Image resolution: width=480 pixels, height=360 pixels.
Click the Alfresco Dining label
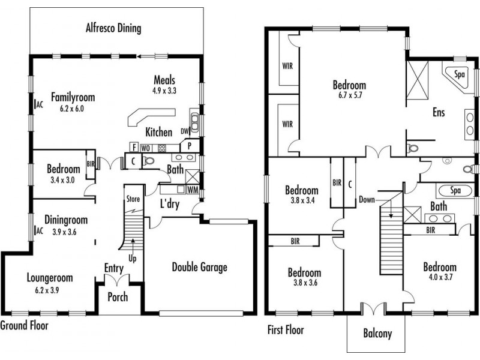(x=113, y=28)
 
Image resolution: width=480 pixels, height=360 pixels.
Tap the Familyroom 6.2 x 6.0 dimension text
(x=72, y=109)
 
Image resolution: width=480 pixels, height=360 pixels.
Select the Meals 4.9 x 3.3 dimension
(x=164, y=91)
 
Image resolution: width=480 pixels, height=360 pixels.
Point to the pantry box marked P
(x=190, y=146)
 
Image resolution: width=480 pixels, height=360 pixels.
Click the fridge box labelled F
(x=134, y=147)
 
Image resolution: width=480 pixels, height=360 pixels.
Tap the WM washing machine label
(x=193, y=190)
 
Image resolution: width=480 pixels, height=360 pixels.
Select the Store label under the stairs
(x=133, y=199)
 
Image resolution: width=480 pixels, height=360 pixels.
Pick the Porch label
(x=118, y=297)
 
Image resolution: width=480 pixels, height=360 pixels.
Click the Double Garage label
(x=200, y=267)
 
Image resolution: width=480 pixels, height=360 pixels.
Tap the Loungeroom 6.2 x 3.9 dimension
(x=47, y=290)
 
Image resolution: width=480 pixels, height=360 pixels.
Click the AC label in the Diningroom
(x=40, y=231)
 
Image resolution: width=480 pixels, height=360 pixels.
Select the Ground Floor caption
(x=24, y=325)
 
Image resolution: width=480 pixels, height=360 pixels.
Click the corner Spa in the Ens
(x=457, y=76)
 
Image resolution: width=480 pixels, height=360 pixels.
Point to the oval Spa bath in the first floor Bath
(x=455, y=190)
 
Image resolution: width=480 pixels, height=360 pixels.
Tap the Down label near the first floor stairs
(x=367, y=200)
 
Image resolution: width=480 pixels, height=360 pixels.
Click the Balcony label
(x=377, y=333)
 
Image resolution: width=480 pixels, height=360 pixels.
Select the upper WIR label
(x=287, y=66)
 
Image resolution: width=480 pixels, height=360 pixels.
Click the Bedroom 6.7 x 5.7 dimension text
(x=350, y=95)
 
